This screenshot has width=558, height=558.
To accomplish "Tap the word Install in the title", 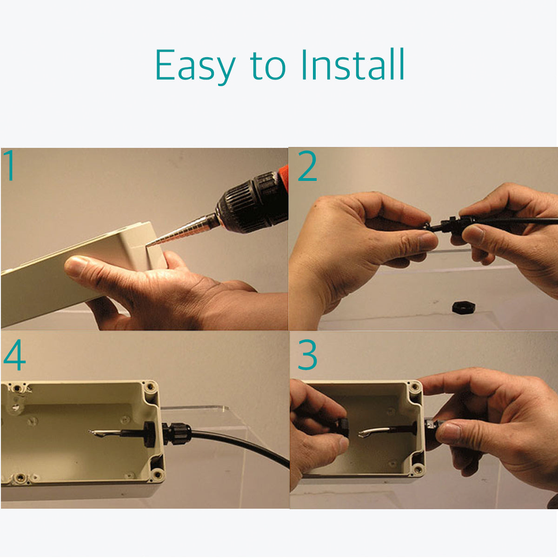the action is [352, 64].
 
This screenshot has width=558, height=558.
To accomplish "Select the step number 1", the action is [10, 165].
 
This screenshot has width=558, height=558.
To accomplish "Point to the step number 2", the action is [307, 166].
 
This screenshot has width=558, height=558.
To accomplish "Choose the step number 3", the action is [307, 355].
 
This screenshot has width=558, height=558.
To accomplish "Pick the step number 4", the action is [14, 355].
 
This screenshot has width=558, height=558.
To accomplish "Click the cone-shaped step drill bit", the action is [182, 230].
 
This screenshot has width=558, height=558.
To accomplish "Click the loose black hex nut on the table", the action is [464, 307].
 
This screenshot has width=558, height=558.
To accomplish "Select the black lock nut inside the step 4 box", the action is [149, 433].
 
